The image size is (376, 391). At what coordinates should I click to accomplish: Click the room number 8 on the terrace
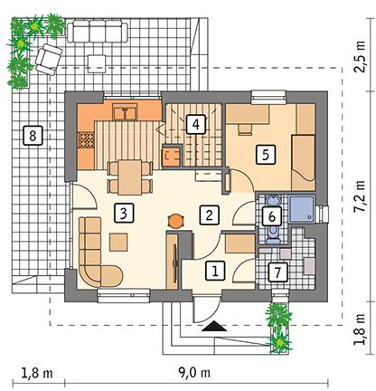click(x=33, y=136)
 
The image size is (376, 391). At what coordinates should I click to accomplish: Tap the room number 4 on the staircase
click(x=196, y=124)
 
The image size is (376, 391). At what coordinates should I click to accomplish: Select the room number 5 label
click(x=266, y=155)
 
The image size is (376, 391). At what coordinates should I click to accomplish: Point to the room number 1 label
click(x=215, y=271)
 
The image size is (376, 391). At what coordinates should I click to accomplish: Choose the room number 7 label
click(x=277, y=272)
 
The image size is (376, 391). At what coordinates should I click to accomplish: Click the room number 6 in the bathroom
click(x=271, y=216)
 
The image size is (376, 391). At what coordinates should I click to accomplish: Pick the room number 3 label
click(x=123, y=213)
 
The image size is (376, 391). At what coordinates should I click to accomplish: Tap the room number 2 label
click(x=209, y=215)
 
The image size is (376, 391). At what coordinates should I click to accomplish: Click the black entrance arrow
click(x=214, y=327)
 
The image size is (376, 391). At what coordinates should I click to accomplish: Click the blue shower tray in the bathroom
click(x=302, y=209)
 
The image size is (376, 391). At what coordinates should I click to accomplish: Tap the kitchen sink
click(x=125, y=112)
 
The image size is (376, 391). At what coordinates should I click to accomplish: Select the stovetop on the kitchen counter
click(x=87, y=140)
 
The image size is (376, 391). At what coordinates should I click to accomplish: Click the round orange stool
click(x=174, y=221)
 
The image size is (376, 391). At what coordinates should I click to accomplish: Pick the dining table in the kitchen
click(x=129, y=177)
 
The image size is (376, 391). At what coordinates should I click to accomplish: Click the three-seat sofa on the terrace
click(x=97, y=31)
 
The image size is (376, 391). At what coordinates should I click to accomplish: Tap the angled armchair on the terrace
click(x=49, y=60)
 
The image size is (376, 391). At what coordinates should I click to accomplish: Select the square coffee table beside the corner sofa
click(x=118, y=242)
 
